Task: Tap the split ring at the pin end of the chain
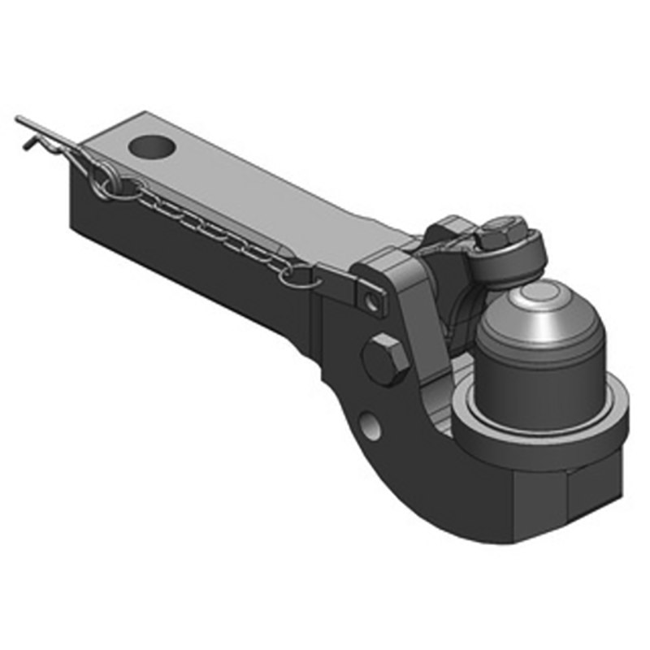106,180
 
